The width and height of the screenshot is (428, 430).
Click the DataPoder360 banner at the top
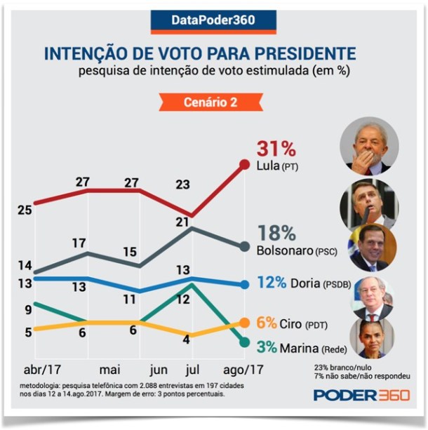tap(213, 20)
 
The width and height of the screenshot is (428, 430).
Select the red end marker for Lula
tap(244, 164)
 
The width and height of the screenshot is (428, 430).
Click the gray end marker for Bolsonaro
tap(244, 246)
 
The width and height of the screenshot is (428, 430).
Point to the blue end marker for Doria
tap(244, 285)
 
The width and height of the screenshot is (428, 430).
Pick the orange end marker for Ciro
tap(244, 323)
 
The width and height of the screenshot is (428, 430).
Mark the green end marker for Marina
tap(244, 342)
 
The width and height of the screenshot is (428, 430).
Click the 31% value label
tap(276, 148)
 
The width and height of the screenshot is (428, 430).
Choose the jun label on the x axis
tap(159, 370)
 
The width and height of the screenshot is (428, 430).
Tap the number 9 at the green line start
tap(27, 309)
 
